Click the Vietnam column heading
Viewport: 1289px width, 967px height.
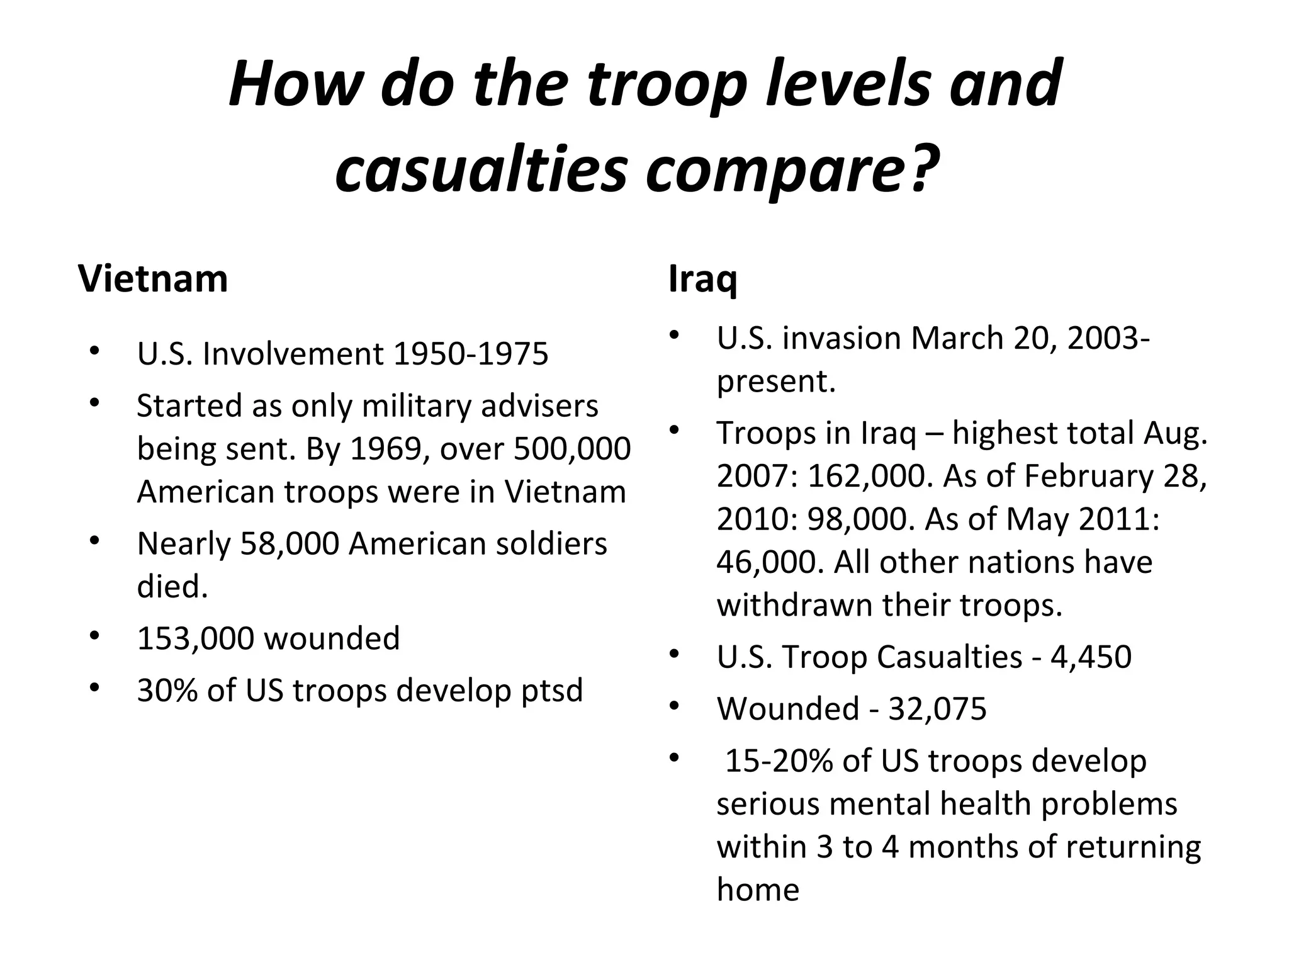pos(152,278)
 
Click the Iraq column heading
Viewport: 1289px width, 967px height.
pos(702,280)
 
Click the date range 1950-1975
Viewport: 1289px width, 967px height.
pos(470,354)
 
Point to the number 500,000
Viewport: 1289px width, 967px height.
pos(572,449)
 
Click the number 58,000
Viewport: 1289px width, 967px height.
pos(290,544)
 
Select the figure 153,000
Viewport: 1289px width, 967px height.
pos(196,638)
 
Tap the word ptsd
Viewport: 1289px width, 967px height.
pos(552,691)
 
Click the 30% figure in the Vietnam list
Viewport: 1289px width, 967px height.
pos(166,690)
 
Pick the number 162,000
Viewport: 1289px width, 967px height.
pos(868,476)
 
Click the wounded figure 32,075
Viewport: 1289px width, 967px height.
pos(937,709)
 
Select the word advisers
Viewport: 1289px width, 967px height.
pos(539,406)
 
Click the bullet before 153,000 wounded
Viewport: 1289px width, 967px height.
pos(94,635)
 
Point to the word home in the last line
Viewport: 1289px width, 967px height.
pos(758,890)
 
